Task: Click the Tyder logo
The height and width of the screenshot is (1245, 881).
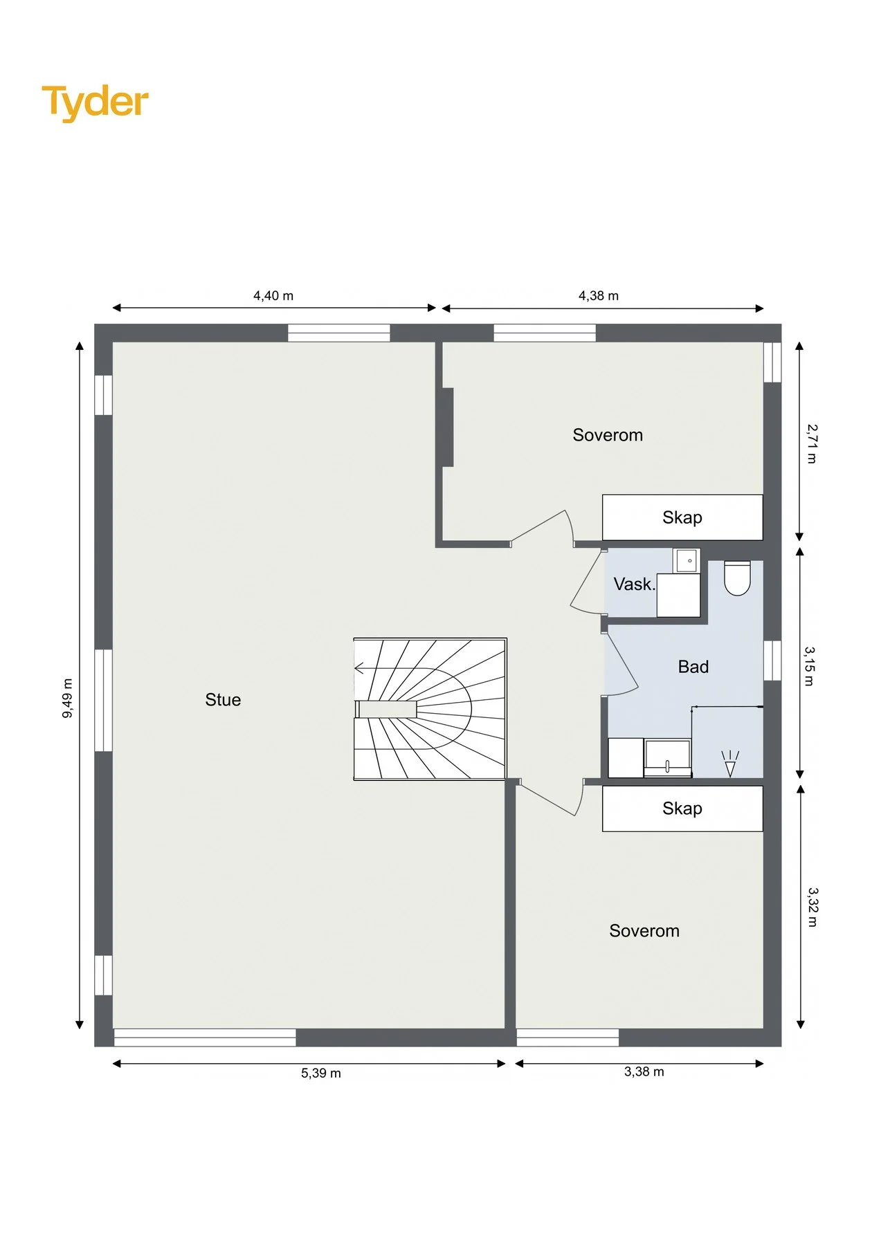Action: [x=95, y=103]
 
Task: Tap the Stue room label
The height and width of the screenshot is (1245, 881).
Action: [x=223, y=700]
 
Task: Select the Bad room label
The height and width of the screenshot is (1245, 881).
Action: [x=693, y=667]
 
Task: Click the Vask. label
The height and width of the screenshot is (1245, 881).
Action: [x=634, y=584]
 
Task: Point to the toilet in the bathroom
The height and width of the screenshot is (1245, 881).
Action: [x=737, y=578]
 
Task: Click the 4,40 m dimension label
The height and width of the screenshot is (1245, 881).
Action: [x=273, y=296]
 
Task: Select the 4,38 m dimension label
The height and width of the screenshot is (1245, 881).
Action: [x=599, y=296]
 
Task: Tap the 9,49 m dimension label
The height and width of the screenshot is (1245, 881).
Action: [x=68, y=698]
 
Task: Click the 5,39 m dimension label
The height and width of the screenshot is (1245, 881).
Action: [x=321, y=1073]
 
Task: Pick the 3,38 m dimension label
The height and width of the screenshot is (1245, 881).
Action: [x=644, y=1072]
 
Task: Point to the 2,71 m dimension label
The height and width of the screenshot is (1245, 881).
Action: [x=812, y=444]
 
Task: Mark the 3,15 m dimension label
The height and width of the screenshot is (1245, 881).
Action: [x=810, y=666]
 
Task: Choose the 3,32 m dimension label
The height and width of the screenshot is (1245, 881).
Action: [x=812, y=907]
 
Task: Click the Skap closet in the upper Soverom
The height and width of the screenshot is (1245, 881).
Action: [x=682, y=517]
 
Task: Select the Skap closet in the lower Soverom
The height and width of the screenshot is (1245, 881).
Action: [x=682, y=809]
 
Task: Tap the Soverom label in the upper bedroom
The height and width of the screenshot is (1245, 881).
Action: [x=608, y=435]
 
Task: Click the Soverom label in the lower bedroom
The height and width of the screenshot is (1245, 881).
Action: [x=644, y=931]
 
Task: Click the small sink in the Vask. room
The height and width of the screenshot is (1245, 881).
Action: [x=687, y=560]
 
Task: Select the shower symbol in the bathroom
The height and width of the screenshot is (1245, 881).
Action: [x=730, y=764]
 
